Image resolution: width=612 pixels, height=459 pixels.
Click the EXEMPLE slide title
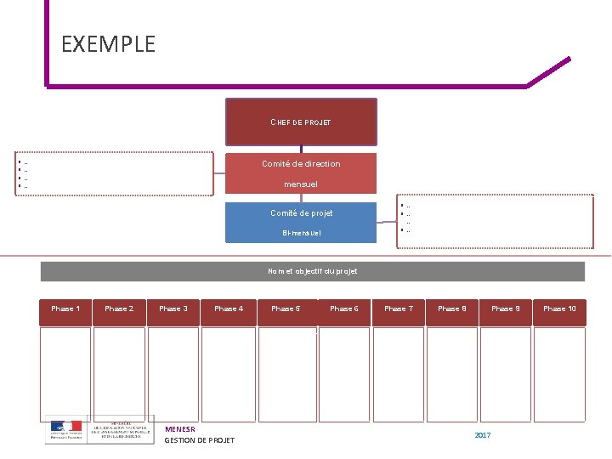(x=109, y=44)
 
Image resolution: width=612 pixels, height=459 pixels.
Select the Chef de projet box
(x=301, y=122)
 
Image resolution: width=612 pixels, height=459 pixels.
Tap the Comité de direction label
(x=301, y=163)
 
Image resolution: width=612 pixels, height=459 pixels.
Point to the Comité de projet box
(x=301, y=222)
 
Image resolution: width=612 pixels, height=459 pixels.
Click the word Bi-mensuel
(x=301, y=233)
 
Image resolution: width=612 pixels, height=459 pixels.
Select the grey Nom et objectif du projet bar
(x=313, y=271)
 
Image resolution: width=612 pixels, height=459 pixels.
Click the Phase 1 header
(x=65, y=309)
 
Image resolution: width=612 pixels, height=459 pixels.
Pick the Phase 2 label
(x=119, y=309)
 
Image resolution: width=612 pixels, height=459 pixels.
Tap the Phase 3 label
(x=173, y=309)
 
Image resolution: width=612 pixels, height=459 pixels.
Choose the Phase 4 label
(x=229, y=309)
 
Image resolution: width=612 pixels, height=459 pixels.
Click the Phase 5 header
(x=286, y=309)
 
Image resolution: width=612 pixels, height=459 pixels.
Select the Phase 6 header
(x=344, y=309)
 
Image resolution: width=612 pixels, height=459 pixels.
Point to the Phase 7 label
(x=399, y=309)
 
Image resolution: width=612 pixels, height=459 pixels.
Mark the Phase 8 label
(x=452, y=309)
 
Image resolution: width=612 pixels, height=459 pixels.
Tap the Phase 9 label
(x=506, y=309)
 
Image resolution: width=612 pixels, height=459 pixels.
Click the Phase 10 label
(x=560, y=309)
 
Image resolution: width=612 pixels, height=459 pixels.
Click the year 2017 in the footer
(x=483, y=435)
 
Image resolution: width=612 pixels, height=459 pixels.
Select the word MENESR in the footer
(x=180, y=429)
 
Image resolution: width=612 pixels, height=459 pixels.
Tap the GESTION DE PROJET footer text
(x=199, y=440)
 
